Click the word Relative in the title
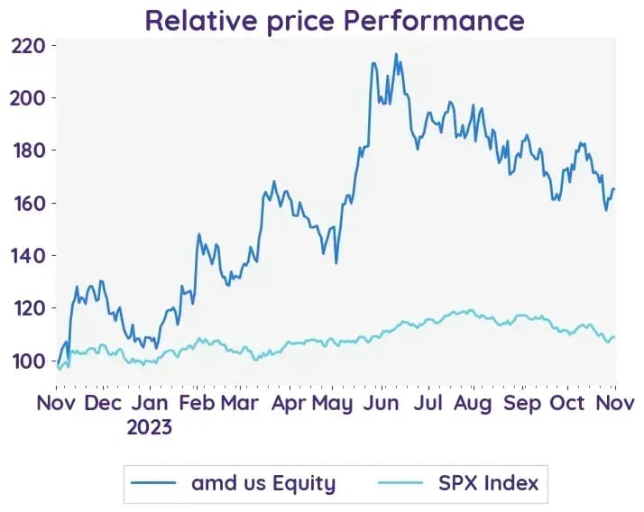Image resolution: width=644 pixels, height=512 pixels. tap(201, 20)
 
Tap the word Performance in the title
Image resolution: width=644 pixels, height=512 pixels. tap(434, 20)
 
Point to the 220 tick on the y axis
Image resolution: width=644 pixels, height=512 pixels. tap(28, 46)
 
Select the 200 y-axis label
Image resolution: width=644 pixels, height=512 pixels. tap(28, 98)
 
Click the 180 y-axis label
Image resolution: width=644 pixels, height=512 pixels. tap(29, 151)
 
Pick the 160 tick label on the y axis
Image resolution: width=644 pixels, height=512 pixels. tap(29, 203)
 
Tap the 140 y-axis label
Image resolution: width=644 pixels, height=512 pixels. tap(29, 256)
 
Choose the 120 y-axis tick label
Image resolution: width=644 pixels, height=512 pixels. tap(29, 308)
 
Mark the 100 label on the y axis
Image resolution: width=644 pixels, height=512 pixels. tap(29, 361)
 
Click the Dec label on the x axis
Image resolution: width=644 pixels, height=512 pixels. tap(103, 403)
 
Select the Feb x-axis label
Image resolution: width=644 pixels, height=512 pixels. tap(197, 403)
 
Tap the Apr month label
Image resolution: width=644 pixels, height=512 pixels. tap(289, 404)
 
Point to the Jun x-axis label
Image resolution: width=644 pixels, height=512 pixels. tap(382, 403)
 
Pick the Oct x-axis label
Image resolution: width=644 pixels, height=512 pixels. tap(567, 403)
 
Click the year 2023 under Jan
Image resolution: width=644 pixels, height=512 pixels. tap(150, 427)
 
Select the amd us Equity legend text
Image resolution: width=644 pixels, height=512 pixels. tap(263, 483)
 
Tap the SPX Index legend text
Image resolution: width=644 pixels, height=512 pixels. tap(488, 483)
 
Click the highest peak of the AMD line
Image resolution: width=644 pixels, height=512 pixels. tap(396, 53)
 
